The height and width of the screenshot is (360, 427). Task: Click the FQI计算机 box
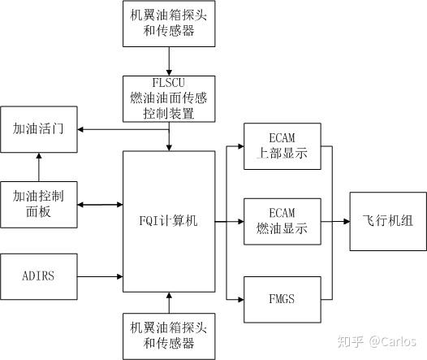169,220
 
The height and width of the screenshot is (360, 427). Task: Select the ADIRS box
39,275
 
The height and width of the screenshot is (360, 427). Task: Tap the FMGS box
280,299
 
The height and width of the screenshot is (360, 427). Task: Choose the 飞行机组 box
388,220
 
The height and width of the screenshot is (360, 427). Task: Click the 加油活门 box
39,130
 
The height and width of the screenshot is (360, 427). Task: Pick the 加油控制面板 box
39,204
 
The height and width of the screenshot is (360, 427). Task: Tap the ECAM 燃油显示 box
280,220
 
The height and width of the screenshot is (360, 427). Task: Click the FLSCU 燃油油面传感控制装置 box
169,98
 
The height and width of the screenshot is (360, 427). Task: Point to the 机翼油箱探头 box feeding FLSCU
169,24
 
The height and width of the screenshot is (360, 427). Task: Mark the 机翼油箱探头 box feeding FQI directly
169,335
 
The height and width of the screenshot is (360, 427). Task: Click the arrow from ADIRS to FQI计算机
100,275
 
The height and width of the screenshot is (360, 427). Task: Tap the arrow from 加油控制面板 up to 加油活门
39,168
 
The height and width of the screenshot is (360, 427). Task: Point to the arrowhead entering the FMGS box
241,299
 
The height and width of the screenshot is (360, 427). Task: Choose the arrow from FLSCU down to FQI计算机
169,137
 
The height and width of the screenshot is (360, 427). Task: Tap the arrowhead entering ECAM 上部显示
241,146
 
